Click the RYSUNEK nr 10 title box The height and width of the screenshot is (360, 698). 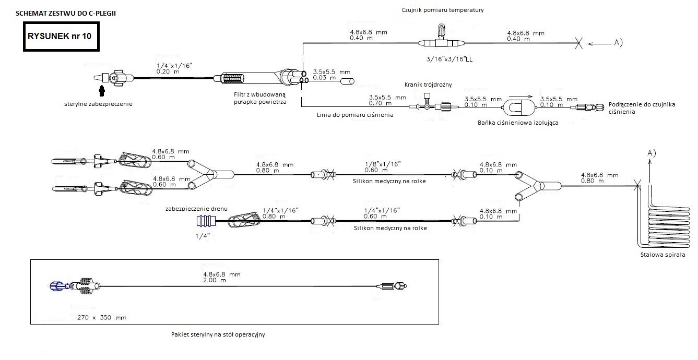(61, 37)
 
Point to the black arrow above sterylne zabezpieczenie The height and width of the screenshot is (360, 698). (102, 91)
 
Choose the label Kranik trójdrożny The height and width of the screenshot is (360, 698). (428, 85)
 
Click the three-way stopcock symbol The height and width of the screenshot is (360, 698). (428, 106)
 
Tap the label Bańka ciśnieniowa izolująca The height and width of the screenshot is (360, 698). (518, 123)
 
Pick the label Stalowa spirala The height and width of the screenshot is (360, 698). (662, 255)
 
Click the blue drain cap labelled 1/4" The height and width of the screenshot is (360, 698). (204, 222)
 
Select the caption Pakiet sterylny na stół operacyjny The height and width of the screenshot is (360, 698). (218, 334)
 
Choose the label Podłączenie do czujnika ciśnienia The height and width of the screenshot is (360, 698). (642, 108)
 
